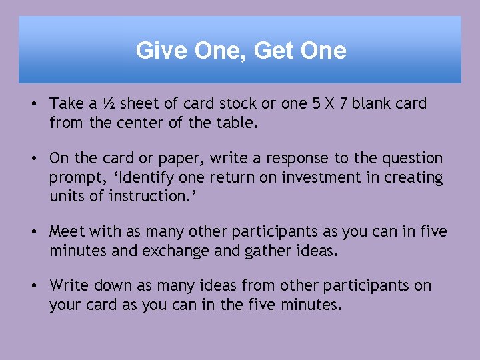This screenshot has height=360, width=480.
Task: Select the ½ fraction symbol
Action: [x=109, y=104]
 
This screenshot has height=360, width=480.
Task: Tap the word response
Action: [x=303, y=159]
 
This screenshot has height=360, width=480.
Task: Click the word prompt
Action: [x=73, y=178]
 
